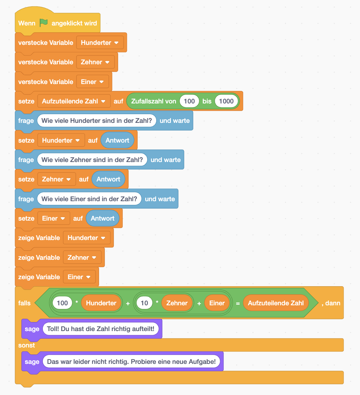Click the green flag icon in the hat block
click(x=43, y=23)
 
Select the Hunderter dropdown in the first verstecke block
click(x=100, y=43)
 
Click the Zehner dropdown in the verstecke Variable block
click(x=95, y=62)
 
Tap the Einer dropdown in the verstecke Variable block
click(x=92, y=82)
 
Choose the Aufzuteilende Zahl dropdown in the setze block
click(x=74, y=101)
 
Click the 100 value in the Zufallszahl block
click(x=189, y=101)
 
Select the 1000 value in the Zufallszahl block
click(x=226, y=101)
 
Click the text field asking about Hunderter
click(x=96, y=121)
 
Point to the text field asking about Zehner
click(x=92, y=160)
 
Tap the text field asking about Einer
click(x=89, y=199)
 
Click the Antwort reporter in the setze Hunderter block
click(x=117, y=140)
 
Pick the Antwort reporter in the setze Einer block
click(x=102, y=218)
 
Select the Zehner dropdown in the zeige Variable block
click(x=82, y=257)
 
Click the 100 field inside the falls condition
click(x=62, y=303)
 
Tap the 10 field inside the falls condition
click(x=144, y=303)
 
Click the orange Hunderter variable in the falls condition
click(x=101, y=303)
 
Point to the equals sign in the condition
click(x=238, y=303)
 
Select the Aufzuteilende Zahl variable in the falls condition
click(x=276, y=303)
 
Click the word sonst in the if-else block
click(x=26, y=345)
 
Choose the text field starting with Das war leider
click(x=131, y=362)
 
